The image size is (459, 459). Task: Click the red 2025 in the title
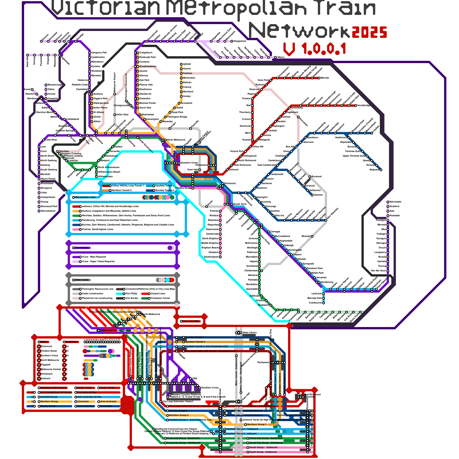pos(369,32)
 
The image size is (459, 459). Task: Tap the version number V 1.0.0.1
pos(315,49)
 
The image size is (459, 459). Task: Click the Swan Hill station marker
pos(28,55)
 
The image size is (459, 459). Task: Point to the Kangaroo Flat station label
pos(99,53)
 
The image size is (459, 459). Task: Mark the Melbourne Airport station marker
pos(115,94)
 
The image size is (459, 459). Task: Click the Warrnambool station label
pos(48,211)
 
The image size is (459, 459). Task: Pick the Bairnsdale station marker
pos(388,202)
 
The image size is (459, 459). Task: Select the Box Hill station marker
pos(296,147)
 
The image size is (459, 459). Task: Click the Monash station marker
pos(312,236)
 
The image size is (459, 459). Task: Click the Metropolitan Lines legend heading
pos(85,197)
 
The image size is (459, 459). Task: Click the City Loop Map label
pos(191,321)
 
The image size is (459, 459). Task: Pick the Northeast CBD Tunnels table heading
pos(54,388)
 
